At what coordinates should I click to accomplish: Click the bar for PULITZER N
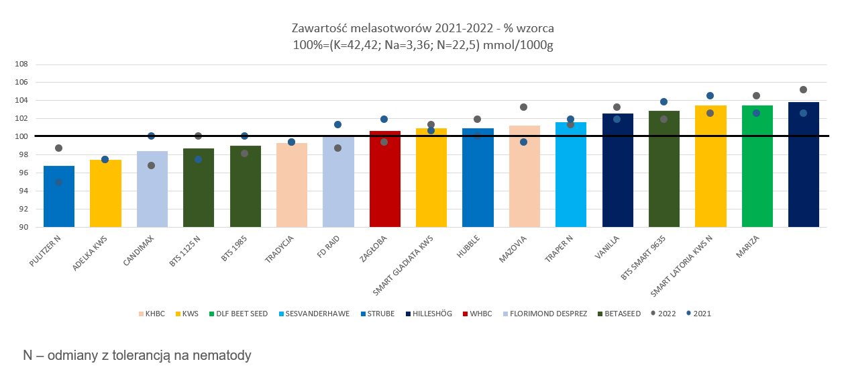coord(59,196)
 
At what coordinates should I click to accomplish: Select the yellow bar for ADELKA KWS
coord(105,193)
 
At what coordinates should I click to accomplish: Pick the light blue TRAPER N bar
coord(571,175)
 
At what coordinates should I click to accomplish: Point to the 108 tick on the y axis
coord(21,64)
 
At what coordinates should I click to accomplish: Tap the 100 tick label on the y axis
coord(21,136)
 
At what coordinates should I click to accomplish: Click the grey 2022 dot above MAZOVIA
coord(524,107)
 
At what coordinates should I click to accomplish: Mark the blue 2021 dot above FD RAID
coord(338,124)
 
